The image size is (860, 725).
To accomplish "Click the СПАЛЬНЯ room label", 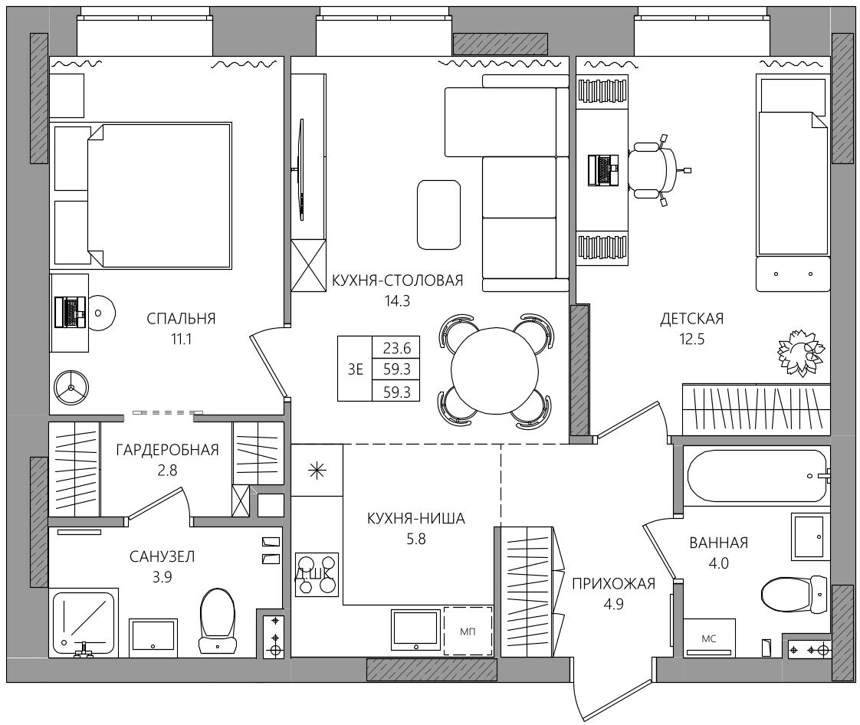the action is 181,319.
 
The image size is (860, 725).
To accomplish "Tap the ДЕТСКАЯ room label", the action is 691,319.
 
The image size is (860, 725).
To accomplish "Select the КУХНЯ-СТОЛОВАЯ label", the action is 398,280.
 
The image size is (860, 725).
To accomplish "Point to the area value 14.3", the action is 398,301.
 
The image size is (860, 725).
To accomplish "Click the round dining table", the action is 494,370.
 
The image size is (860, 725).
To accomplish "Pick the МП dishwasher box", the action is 468,632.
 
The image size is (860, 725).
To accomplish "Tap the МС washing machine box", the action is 709,638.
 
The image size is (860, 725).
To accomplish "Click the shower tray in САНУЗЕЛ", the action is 84,623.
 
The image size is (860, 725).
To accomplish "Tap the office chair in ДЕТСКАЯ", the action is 657,169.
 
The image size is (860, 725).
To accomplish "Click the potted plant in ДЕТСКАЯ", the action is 801,353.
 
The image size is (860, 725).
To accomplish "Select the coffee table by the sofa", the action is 438,215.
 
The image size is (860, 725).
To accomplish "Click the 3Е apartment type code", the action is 356,369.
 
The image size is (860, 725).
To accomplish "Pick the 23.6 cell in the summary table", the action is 396,348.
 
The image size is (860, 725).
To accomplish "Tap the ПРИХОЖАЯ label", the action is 613,583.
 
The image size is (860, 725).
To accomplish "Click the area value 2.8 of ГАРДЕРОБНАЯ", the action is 167,471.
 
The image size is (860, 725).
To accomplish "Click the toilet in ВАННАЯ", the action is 793,594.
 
